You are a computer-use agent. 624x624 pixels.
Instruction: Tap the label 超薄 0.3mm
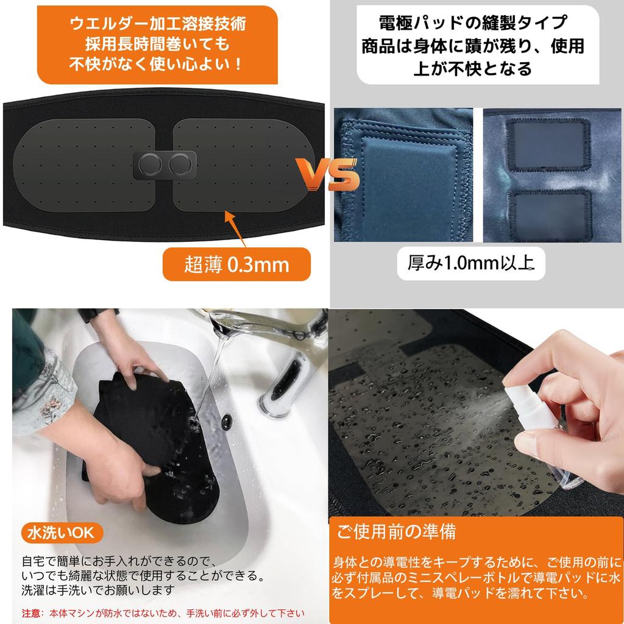click(x=237, y=264)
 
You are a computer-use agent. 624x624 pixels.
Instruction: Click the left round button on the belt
click(x=151, y=164)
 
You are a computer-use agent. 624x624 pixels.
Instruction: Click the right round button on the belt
click(x=180, y=164)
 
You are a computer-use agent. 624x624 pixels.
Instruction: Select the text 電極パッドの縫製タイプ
click(x=472, y=26)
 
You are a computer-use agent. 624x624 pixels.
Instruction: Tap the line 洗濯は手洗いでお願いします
click(x=97, y=590)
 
